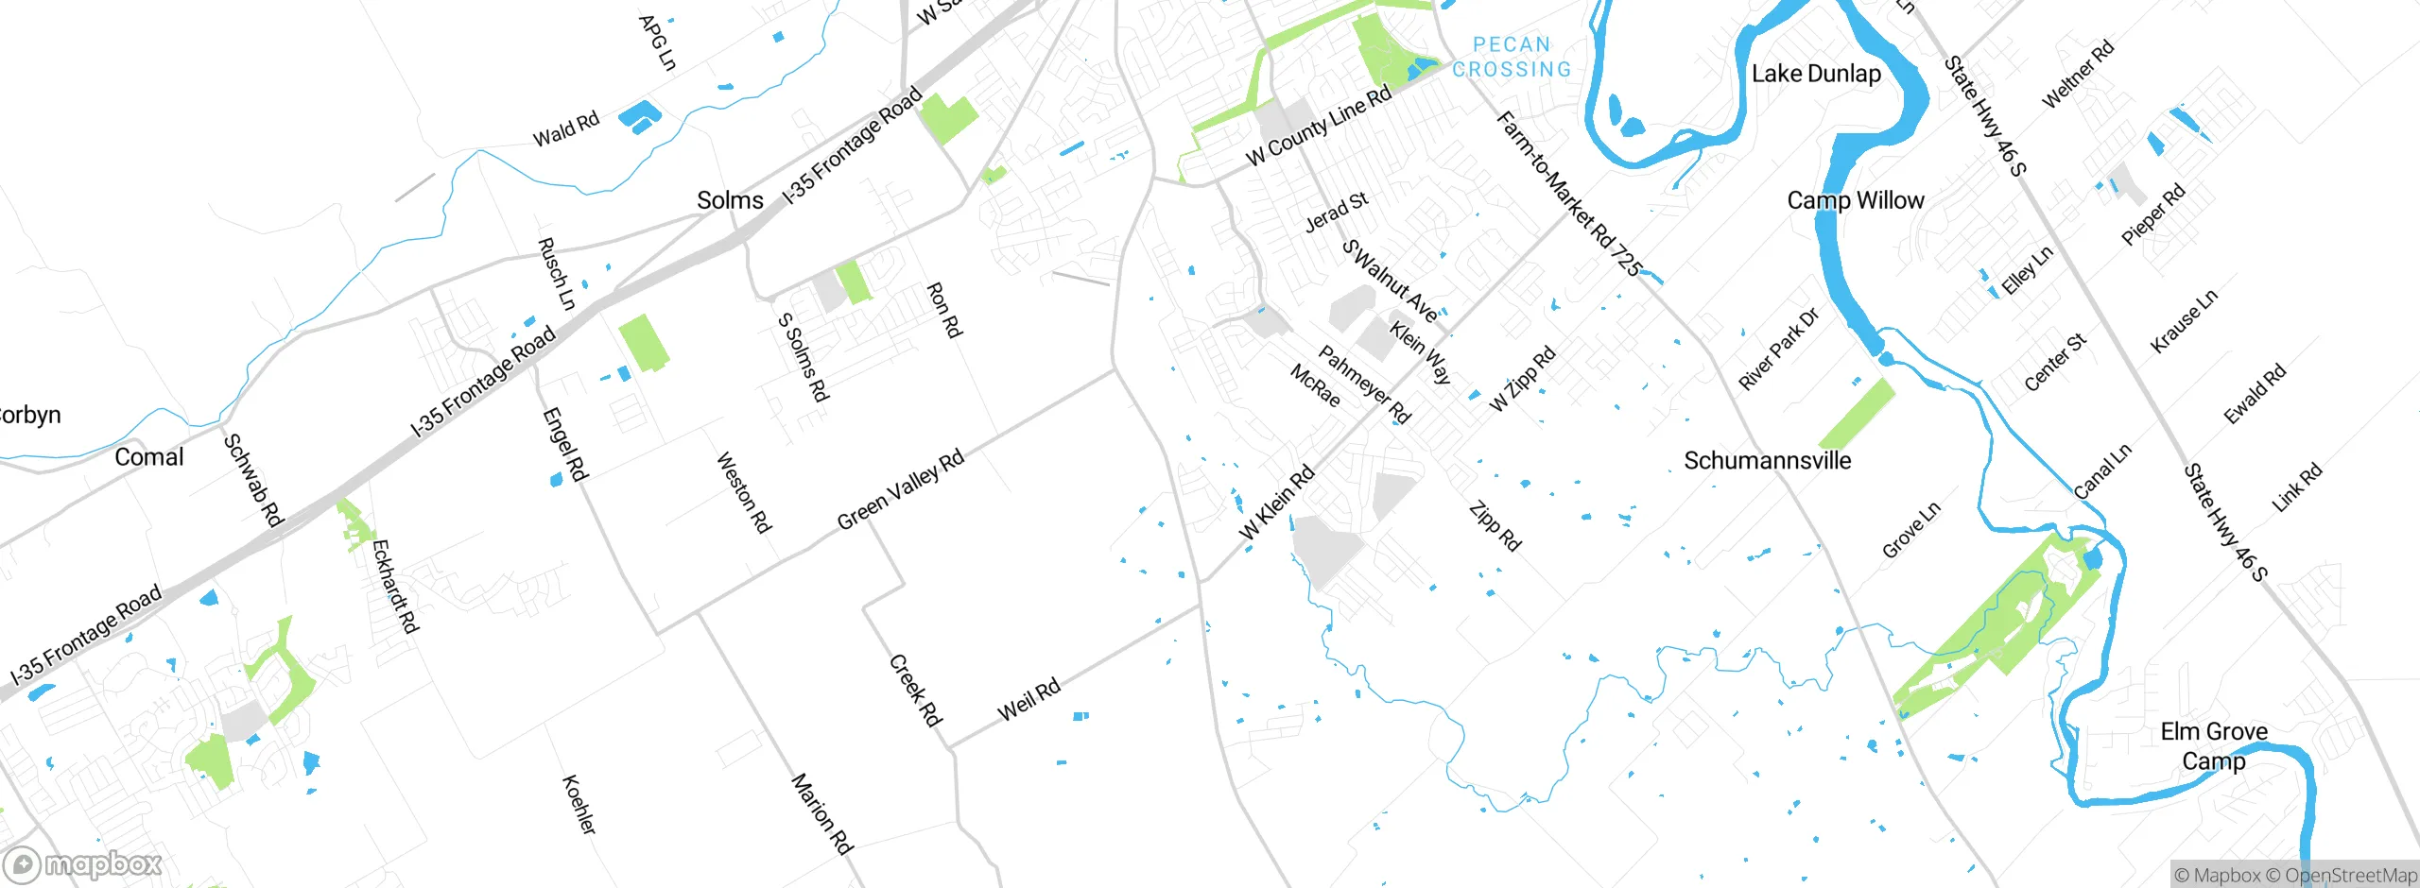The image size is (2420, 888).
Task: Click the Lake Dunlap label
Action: tap(1816, 74)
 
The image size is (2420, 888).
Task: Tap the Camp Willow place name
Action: tap(1855, 200)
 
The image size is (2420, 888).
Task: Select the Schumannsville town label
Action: tap(1767, 461)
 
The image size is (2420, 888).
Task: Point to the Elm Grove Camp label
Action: tap(2213, 745)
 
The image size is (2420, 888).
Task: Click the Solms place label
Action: tap(730, 200)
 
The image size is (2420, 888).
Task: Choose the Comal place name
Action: tap(148, 457)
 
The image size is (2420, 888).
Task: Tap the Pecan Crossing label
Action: tap(1512, 58)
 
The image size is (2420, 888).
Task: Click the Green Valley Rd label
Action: tap(900, 489)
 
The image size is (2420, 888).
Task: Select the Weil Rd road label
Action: tap(1028, 700)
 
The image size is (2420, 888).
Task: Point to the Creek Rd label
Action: tap(915, 691)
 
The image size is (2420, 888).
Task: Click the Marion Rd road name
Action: tap(821, 813)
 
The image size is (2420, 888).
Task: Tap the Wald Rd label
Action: tap(566, 129)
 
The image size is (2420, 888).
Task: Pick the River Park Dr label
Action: tap(1778, 349)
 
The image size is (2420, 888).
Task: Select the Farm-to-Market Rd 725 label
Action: tap(1568, 194)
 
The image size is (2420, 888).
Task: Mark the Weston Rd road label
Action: tap(743, 492)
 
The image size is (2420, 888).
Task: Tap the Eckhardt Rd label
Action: tap(394, 586)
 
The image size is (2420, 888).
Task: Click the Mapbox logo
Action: tap(83, 864)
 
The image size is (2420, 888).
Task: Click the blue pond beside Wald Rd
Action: tap(639, 117)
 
